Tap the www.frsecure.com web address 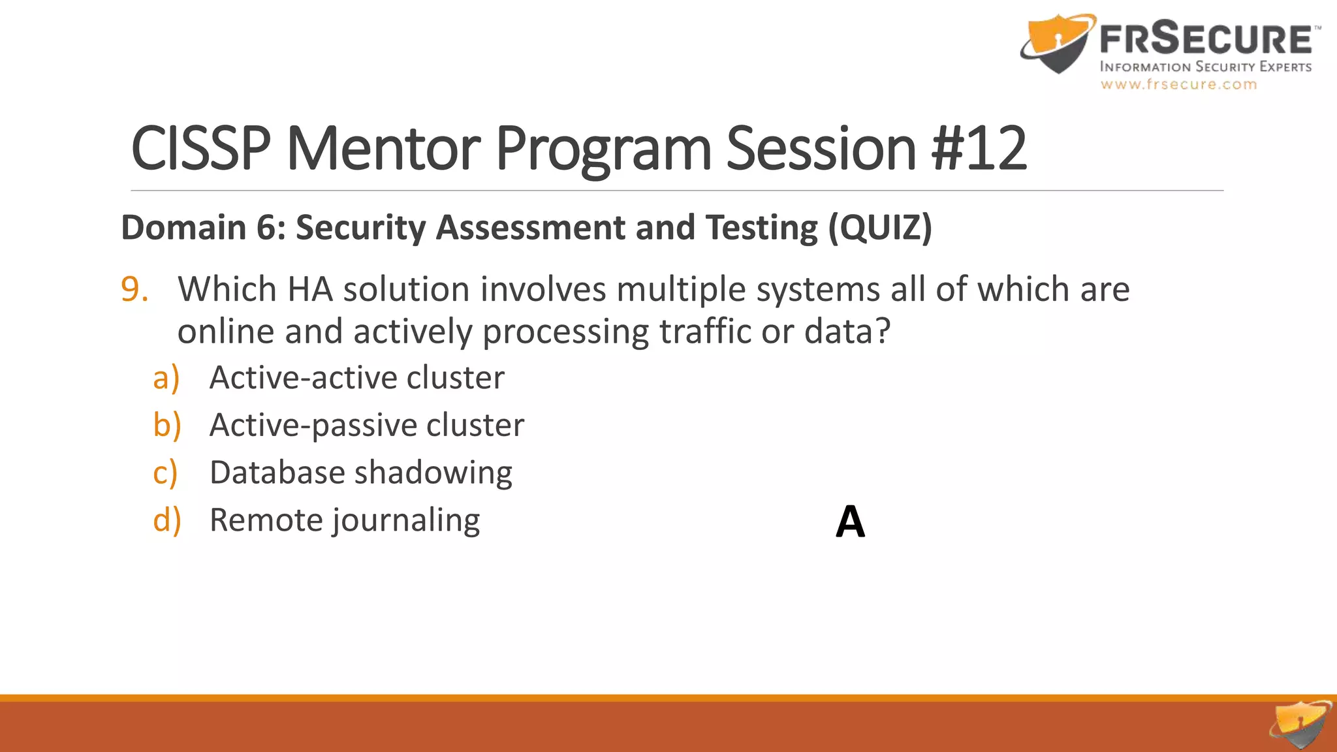point(1178,84)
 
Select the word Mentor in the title point(383,149)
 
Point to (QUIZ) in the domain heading point(880,228)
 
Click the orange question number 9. point(134,289)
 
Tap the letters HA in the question point(311,289)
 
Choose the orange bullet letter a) point(166,378)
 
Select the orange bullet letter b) point(166,426)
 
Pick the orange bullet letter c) point(165,473)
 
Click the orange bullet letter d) point(166,520)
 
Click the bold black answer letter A point(850,522)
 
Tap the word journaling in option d point(406,521)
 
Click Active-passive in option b point(312,426)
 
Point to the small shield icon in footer point(1301,725)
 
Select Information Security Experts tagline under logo point(1205,67)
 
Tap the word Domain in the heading point(183,228)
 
